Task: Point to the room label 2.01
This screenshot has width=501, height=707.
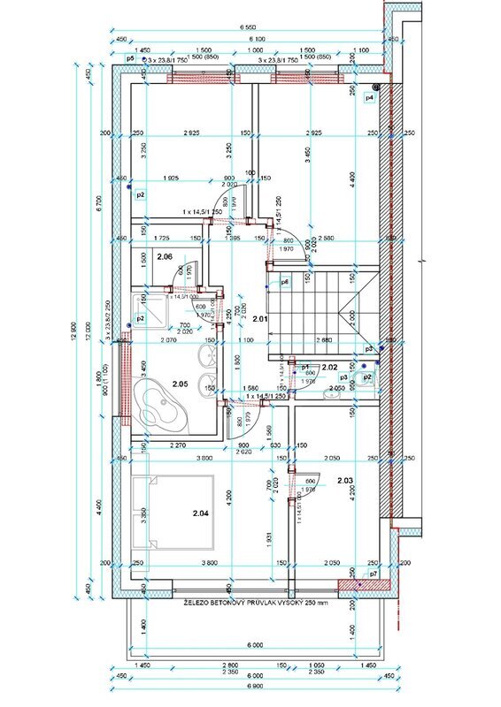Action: tap(259, 318)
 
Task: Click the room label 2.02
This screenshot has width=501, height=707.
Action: tap(330, 366)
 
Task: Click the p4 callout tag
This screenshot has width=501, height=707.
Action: tap(370, 97)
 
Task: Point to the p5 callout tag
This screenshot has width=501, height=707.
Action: tap(130, 57)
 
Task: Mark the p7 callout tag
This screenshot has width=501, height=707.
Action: tap(374, 574)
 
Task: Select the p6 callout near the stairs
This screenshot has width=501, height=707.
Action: tap(285, 283)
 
